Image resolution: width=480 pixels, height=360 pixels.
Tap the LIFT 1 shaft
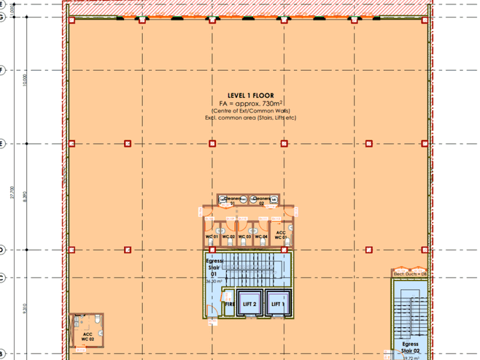tap(276, 304)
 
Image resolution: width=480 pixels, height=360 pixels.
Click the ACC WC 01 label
tap(281, 235)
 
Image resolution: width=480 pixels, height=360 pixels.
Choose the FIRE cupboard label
tap(228, 304)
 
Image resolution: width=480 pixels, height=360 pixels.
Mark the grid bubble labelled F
tap(3, 71)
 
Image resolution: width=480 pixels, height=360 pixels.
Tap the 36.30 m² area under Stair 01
tap(213, 280)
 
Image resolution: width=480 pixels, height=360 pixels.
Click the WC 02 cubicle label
tap(228, 237)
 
